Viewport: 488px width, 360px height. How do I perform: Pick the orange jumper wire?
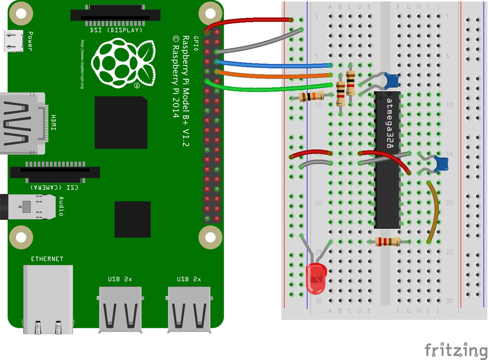click(x=272, y=74)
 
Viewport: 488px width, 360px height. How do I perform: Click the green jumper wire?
click(x=272, y=87)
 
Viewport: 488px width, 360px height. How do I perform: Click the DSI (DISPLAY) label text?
click(x=116, y=30)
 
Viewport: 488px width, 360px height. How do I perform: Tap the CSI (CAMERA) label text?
click(x=54, y=188)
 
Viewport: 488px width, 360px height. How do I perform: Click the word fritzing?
click(x=455, y=350)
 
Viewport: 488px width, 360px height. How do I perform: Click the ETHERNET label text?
click(x=48, y=259)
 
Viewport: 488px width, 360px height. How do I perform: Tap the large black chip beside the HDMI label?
click(x=121, y=123)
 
